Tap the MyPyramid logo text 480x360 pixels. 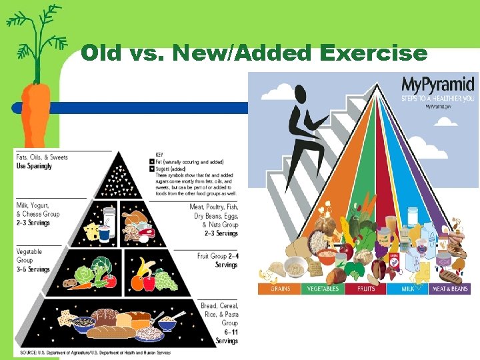437,85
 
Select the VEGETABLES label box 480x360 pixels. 323,289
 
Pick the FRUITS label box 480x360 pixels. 366,289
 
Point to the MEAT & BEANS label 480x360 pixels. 449,289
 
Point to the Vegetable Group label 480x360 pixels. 29,256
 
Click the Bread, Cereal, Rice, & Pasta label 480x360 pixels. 219,314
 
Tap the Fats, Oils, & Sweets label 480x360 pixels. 41,157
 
